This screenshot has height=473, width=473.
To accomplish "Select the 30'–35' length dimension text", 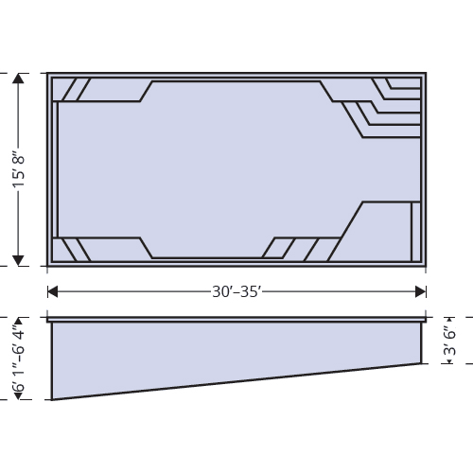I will [x=236, y=290].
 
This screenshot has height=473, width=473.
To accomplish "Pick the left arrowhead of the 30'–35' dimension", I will [x=53, y=290].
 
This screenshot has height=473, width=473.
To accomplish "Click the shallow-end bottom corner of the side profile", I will [x=421, y=363].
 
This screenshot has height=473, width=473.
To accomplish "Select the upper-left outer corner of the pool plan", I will [x=48, y=72].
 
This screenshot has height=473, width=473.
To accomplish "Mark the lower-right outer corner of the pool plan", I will [x=426, y=267].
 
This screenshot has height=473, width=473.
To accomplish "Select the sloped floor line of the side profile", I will [x=236, y=381].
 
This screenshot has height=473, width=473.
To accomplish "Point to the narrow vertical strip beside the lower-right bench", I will [x=415, y=231].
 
